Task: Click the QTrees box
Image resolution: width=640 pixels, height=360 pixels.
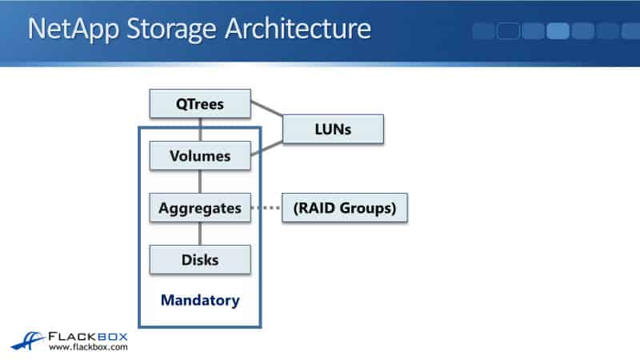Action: pyautogui.click(x=200, y=104)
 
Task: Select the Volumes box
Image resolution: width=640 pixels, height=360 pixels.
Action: pyautogui.click(x=200, y=156)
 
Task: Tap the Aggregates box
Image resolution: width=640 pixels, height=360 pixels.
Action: pyautogui.click(x=200, y=208)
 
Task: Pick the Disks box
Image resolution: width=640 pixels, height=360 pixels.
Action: pyautogui.click(x=200, y=259)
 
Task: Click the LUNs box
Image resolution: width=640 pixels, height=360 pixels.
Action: pyautogui.click(x=333, y=128)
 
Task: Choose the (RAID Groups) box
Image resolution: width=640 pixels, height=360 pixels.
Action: pyautogui.click(x=345, y=208)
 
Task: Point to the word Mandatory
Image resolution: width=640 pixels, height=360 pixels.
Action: pyautogui.click(x=200, y=301)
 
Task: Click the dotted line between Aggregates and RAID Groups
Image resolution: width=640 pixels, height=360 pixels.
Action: pyautogui.click(x=267, y=208)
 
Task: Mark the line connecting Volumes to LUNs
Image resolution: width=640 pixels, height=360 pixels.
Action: pyautogui.click(x=267, y=147)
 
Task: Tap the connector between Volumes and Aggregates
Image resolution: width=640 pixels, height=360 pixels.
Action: pyautogui.click(x=200, y=182)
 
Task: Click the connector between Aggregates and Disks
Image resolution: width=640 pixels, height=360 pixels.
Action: pyautogui.click(x=200, y=234)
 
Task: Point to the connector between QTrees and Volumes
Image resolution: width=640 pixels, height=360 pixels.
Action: pyautogui.click(x=200, y=130)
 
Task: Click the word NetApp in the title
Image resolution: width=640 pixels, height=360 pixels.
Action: pyautogui.click(x=65, y=29)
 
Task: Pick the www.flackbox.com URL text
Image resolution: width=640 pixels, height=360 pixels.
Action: pyautogui.click(x=88, y=348)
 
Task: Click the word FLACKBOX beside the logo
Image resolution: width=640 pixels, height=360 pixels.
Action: pyautogui.click(x=88, y=335)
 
